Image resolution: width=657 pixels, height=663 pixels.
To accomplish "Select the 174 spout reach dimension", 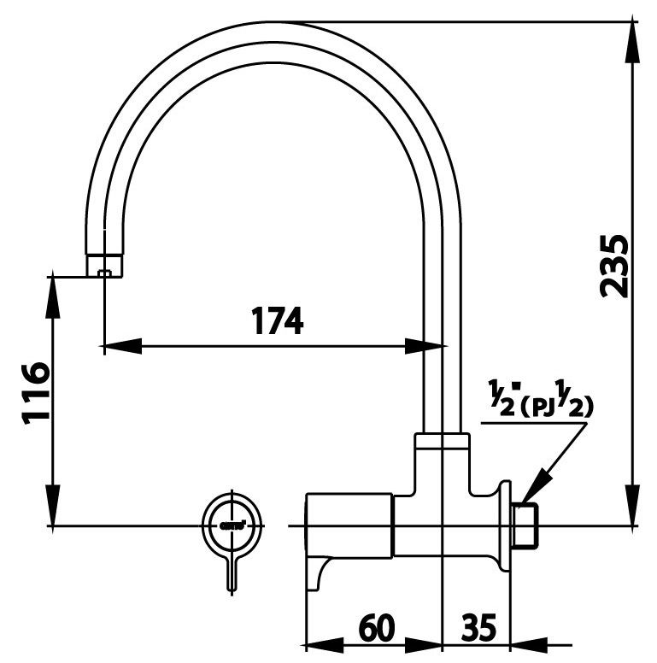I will [277, 321].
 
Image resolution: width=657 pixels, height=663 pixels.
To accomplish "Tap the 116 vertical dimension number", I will [34, 392].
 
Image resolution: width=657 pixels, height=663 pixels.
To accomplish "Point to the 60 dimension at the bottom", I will [376, 629].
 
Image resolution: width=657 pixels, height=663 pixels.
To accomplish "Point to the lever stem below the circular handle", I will [232, 571].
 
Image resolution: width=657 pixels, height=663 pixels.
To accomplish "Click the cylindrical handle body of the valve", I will [349, 523].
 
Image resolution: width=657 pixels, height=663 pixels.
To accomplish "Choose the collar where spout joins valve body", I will [442, 442].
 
